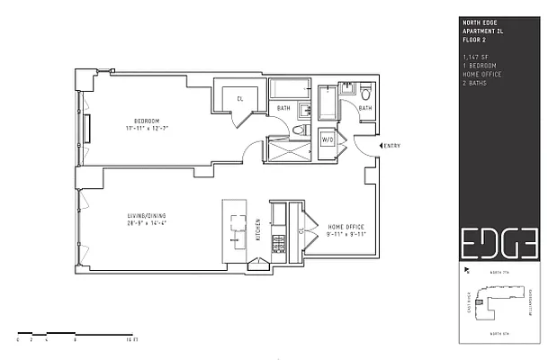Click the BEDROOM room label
[x=147, y=121]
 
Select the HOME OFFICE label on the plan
[x=346, y=226]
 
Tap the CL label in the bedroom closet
[x=240, y=98]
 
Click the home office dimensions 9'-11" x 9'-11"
[x=346, y=234]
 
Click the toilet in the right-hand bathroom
[x=366, y=93]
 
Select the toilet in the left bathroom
[x=300, y=131]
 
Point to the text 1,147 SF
[x=474, y=58]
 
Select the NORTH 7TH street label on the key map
[x=499, y=272]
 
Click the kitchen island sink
[x=236, y=222]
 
